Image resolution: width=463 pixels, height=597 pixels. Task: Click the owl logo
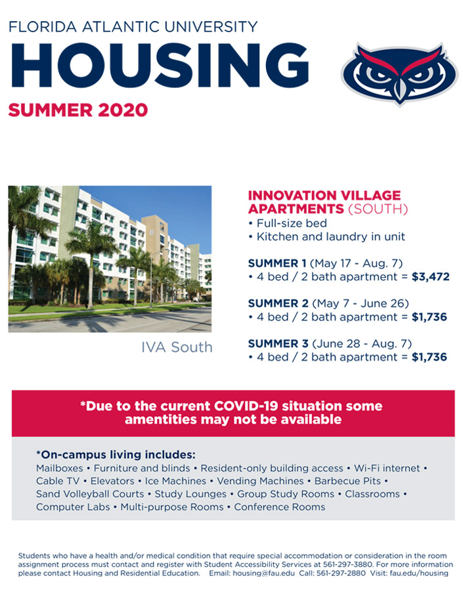coord(399,74)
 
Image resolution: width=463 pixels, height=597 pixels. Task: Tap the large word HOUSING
coord(160,66)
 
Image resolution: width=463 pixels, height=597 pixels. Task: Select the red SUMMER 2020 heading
coord(78,110)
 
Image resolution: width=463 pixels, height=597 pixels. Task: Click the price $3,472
coord(431,276)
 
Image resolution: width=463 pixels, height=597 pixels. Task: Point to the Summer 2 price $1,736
coord(429,317)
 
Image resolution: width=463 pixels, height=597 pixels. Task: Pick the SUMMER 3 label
coord(278,343)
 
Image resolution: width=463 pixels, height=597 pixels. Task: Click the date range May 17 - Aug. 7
coord(357,263)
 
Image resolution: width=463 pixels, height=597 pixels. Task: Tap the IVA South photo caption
coord(177,347)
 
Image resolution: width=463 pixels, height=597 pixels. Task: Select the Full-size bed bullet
coord(288,223)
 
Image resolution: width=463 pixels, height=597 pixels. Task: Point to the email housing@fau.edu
coord(263,573)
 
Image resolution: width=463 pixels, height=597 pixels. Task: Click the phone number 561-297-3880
coord(347,564)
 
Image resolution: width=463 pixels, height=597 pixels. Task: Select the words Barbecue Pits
coord(347,481)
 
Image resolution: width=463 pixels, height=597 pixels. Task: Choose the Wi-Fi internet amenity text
coord(387,468)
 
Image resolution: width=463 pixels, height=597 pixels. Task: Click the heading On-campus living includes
coord(116,454)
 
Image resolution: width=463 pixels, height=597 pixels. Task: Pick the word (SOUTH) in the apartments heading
coord(378,209)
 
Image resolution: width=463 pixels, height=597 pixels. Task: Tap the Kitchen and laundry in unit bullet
coord(326,237)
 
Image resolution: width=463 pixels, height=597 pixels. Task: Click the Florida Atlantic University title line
coord(133,27)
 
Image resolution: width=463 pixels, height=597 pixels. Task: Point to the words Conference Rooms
coord(280,507)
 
